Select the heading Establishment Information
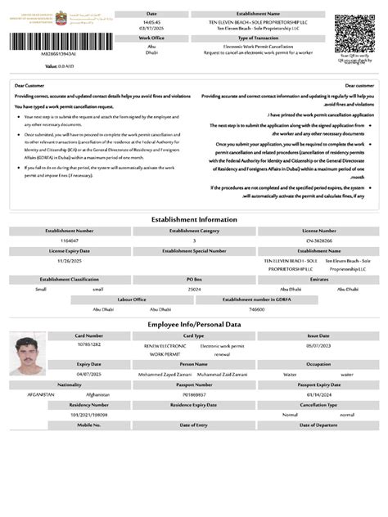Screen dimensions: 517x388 tap(194, 219)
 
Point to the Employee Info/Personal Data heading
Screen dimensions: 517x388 tap(194, 325)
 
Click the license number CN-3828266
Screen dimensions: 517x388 tap(318, 241)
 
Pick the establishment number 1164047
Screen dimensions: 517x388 tap(69, 241)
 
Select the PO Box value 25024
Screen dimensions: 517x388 tap(194, 289)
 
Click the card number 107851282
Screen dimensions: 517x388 tap(88, 344)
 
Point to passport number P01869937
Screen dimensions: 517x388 tap(194, 393)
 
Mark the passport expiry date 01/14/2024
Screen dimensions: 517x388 tap(318, 393)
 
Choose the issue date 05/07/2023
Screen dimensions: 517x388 tap(318, 344)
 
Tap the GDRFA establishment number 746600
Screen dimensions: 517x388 tap(256, 308)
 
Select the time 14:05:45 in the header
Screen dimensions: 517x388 tap(151, 22)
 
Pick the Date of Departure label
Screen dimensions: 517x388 tap(318, 425)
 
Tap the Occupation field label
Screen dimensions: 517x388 tap(318, 363)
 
